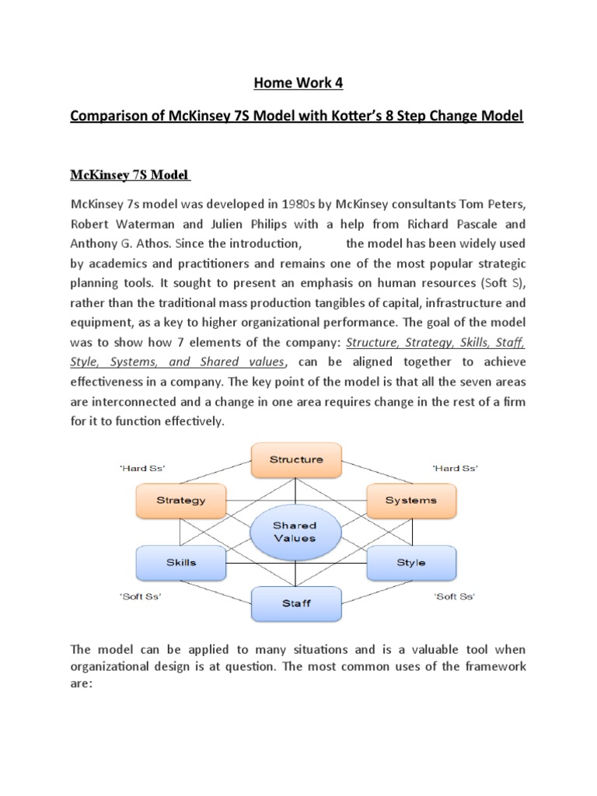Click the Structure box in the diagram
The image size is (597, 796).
295,459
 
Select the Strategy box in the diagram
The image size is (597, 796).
181,500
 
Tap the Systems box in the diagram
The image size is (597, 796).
410,500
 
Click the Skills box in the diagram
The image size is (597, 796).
181,562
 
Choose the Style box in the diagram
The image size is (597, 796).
410,562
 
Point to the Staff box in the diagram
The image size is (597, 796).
295,602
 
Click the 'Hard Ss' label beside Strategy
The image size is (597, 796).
142,468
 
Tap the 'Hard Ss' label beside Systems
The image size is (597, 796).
455,468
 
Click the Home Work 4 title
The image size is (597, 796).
298,83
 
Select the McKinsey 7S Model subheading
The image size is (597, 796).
131,174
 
